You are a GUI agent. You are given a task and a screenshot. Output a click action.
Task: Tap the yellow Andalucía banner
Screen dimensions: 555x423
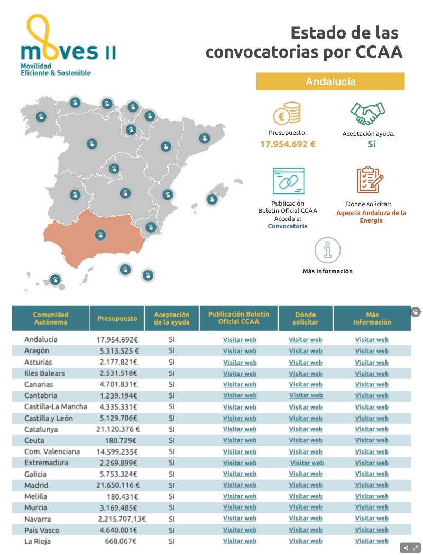click(330, 82)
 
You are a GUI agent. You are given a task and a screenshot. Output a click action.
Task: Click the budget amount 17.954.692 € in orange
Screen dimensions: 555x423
click(288, 144)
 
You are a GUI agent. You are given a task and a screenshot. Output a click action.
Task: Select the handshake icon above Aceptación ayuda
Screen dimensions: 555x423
click(368, 113)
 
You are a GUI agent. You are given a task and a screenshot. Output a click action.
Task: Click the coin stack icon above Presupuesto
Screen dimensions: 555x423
click(287, 113)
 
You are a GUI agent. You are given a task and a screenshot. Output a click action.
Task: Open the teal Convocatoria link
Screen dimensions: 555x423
click(288, 226)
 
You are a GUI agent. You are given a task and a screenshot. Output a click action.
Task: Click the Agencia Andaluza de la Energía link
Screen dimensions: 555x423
click(371, 217)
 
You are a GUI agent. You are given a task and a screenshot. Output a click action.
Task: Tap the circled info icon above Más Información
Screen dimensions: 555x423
click(327, 250)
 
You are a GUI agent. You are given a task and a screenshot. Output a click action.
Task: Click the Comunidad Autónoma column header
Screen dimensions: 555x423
click(51, 318)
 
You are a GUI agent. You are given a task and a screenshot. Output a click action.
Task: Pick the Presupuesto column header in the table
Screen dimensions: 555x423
click(117, 318)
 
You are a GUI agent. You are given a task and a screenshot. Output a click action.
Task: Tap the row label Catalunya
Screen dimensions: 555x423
click(41, 429)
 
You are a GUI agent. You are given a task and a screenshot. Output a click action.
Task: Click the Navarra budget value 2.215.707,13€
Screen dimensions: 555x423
click(122, 519)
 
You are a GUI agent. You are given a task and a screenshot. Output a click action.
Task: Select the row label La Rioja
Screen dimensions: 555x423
click(38, 541)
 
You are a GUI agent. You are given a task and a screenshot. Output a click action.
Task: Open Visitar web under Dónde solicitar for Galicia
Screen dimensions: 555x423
click(305, 474)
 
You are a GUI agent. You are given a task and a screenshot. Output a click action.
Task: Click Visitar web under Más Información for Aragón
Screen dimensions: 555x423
click(372, 351)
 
